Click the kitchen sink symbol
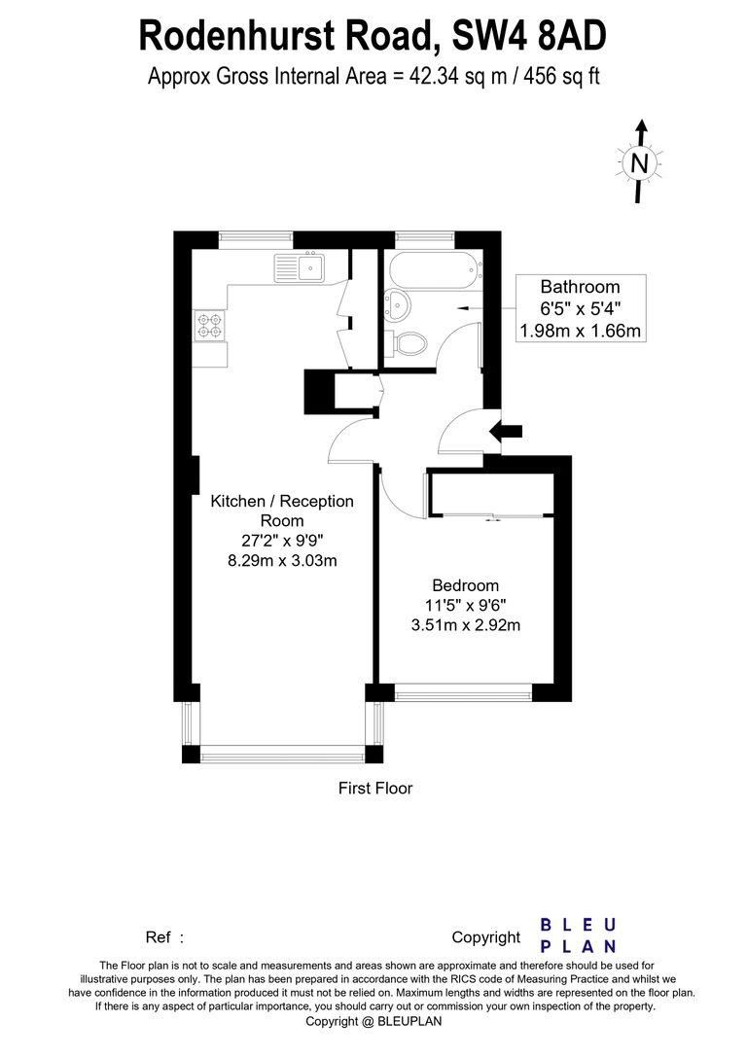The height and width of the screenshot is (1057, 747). pos(300,267)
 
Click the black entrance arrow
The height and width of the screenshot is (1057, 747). pos(506,432)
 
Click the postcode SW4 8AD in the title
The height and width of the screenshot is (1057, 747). pos(528,37)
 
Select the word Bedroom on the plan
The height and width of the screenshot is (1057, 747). pos(466,585)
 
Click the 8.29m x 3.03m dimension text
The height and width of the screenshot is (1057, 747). pos(282,560)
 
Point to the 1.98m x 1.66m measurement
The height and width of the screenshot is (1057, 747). pos(581,331)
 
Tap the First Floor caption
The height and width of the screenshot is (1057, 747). pos(375,788)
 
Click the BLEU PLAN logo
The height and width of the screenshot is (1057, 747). pos(579,935)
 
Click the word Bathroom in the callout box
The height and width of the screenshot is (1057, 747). pos(581,287)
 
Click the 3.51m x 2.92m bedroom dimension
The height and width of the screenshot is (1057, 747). pos(466,625)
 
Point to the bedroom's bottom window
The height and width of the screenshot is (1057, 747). pos(463,693)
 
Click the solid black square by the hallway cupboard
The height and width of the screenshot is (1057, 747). pos(320,391)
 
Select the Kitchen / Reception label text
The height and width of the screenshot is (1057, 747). pos(282,501)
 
